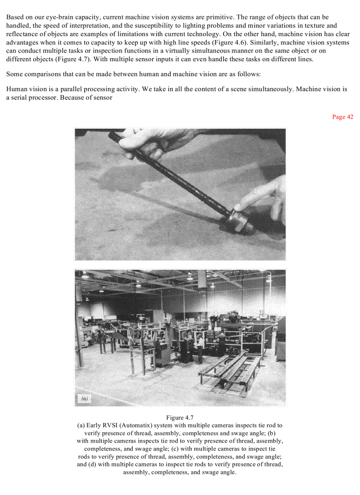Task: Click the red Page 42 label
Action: [x=342, y=117]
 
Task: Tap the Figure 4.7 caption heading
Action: [x=180, y=417]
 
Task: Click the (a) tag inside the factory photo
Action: [x=85, y=398]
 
